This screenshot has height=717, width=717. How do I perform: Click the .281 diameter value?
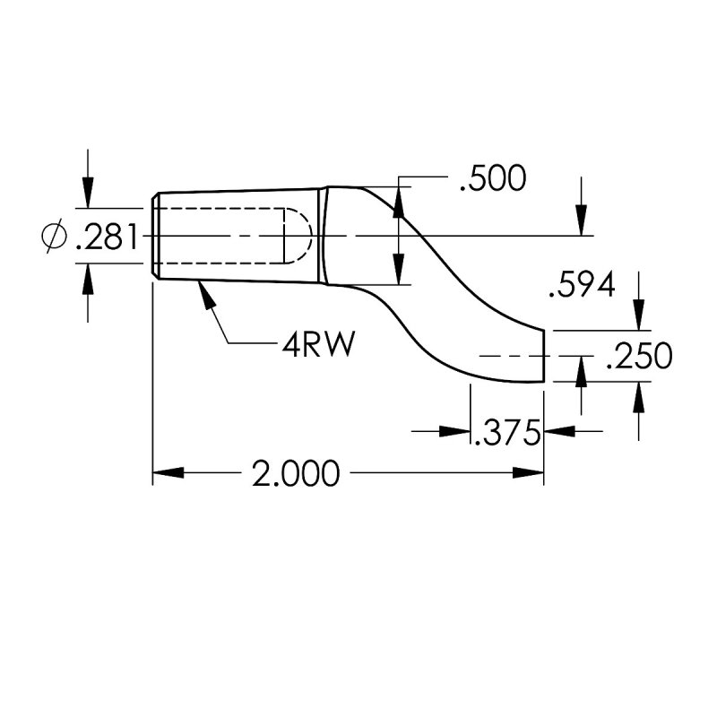tap(107, 238)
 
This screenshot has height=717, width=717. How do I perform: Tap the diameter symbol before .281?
tap(55, 237)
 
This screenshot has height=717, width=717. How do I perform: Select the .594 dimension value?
tap(582, 287)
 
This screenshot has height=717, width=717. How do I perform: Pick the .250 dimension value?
tap(639, 357)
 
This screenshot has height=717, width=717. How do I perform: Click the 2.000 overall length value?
tap(296, 474)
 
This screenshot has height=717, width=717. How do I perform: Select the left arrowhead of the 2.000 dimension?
tap(167, 474)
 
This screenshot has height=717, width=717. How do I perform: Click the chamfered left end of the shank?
tap(156, 237)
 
